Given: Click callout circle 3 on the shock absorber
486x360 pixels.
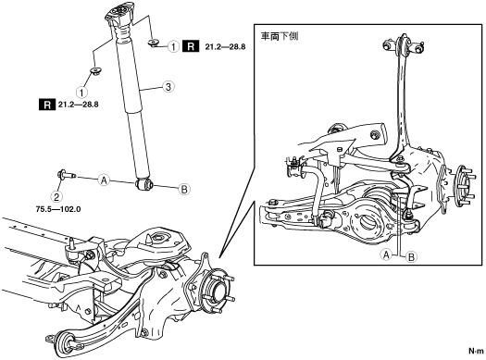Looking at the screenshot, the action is click(168, 86).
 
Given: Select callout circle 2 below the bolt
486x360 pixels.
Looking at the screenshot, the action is click(56, 196).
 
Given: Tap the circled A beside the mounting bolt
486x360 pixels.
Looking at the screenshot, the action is click(104, 180).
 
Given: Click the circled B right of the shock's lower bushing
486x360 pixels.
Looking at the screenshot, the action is click(184, 189).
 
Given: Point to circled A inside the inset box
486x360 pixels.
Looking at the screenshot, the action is click(386, 255).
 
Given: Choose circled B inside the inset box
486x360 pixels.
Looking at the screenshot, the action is click(412, 257).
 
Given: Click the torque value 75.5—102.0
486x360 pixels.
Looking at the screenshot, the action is click(58, 209).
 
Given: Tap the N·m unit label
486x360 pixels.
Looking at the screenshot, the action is click(476, 352).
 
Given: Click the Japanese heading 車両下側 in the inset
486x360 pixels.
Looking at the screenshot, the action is click(280, 37).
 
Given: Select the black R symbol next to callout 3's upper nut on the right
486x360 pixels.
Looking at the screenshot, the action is click(191, 46).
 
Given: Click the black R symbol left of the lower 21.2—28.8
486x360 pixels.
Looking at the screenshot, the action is click(47, 105).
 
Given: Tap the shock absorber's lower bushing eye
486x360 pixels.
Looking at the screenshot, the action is click(144, 185).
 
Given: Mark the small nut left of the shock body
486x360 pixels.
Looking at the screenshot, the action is click(96, 71).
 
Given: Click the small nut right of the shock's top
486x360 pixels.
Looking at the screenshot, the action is click(154, 43).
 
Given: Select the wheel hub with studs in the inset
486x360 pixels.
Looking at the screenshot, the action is click(464, 186).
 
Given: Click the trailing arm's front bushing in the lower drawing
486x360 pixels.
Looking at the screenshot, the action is click(66, 344).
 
